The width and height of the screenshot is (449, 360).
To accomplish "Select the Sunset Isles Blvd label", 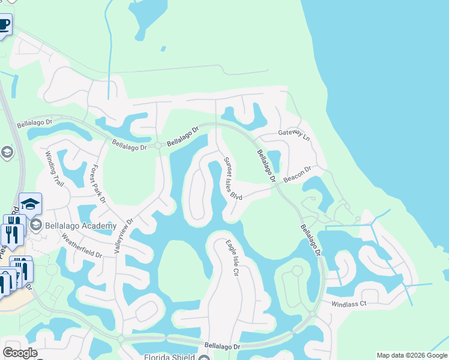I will pos(232,179).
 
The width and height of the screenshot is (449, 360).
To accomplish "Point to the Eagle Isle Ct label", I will pos(232,258).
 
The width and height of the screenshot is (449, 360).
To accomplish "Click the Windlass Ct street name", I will pos(349,304).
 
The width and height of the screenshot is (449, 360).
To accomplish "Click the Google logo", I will pos(20,353).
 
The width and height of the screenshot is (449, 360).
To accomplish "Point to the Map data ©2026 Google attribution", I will pos(412,355).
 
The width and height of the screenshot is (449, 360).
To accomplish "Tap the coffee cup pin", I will pos(4,25).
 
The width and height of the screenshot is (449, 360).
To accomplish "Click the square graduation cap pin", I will pos(30,205).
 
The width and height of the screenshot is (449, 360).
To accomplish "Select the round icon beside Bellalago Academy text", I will pos(35,226).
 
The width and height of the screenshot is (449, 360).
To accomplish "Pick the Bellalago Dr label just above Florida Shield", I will pos(222,346).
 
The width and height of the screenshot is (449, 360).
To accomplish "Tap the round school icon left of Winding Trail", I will pos(7,152).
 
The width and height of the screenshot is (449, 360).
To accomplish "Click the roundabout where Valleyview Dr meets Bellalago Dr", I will pos(158,145).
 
